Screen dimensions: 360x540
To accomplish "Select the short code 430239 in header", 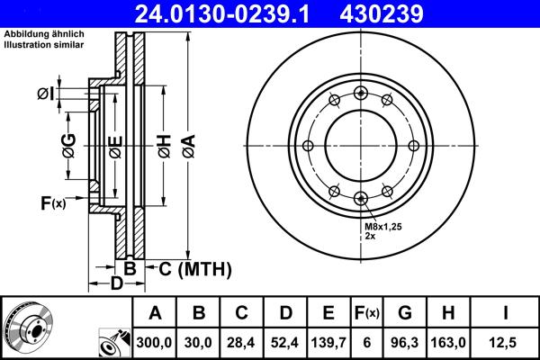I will [404, 13].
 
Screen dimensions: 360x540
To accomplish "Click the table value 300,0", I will [155, 342].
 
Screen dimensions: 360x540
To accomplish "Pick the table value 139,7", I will [328, 342].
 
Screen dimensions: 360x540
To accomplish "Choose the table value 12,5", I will [505, 342].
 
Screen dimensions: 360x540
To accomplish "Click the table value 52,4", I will [285, 342].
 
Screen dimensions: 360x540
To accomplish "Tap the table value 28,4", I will [241, 342].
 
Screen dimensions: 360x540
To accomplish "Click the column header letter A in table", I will [155, 313].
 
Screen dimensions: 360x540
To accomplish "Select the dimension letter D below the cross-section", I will [116, 284].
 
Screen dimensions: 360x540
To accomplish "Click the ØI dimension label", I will [47, 94].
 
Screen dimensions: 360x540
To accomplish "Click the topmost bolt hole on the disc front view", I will [360, 93].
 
